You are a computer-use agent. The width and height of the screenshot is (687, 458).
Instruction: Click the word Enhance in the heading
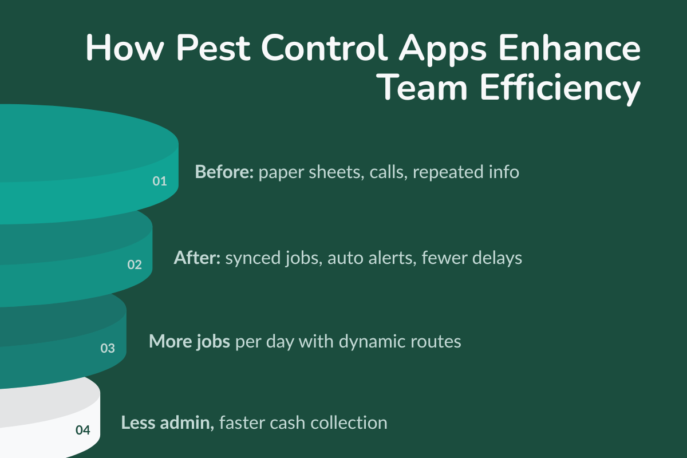pyautogui.click(x=579, y=49)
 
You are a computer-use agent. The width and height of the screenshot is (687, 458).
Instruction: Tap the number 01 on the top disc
pyautogui.click(x=159, y=181)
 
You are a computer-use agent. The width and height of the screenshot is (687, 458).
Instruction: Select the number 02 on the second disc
pyautogui.click(x=135, y=265)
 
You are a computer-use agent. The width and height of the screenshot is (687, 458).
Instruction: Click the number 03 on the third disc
pyautogui.click(x=108, y=348)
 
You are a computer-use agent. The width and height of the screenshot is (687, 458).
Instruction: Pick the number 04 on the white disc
pyautogui.click(x=83, y=430)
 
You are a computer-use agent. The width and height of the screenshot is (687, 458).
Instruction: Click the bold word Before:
pyautogui.click(x=224, y=172)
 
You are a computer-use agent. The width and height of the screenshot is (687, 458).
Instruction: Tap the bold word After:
pyautogui.click(x=197, y=258)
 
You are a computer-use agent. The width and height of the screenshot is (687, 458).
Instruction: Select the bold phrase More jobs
pyautogui.click(x=189, y=341)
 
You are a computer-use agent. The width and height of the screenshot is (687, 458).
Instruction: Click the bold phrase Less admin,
pyautogui.click(x=167, y=423)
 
